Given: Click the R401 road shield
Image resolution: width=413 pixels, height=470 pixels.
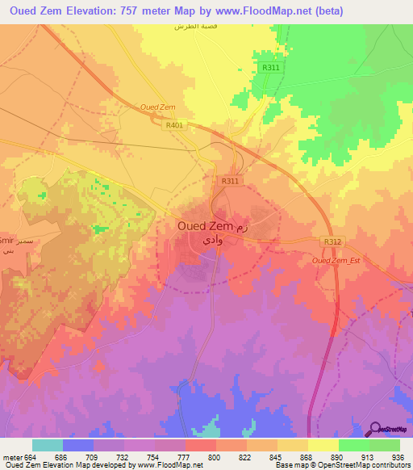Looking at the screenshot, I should tap(173, 125).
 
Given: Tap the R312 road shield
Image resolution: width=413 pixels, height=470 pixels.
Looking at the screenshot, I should tap(330, 241).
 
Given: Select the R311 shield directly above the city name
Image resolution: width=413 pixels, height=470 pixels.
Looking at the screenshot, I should tap(230, 182).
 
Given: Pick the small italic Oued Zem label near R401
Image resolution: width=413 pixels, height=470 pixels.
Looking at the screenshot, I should tap(157, 107).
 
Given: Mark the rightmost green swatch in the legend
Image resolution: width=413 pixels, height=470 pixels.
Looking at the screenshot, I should tap(385, 445).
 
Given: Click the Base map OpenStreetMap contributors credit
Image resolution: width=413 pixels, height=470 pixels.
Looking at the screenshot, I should tap(341, 465).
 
